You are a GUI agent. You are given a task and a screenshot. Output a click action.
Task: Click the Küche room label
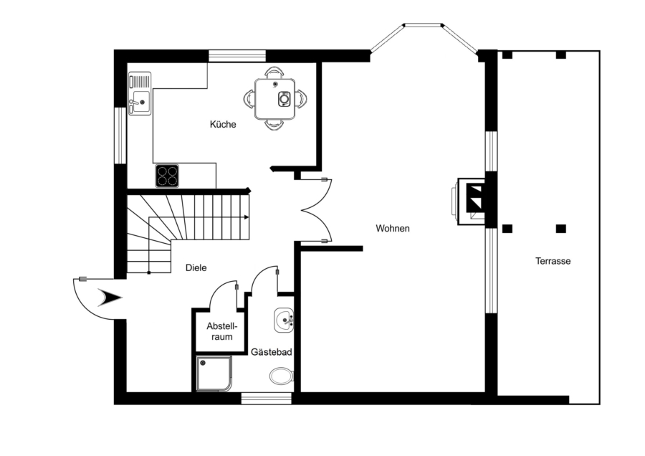[223, 124]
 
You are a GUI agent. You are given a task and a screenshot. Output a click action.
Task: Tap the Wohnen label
[393, 229]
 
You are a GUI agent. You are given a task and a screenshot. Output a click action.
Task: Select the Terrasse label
[553, 261]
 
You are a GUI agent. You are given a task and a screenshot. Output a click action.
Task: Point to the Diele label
[196, 268]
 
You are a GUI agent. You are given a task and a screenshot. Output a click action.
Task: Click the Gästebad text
[272, 352]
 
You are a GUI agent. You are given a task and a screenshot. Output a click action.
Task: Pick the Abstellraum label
[222, 331]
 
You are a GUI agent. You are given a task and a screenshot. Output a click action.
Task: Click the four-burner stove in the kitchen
[167, 176]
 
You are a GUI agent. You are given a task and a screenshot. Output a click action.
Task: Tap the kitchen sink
[140, 93]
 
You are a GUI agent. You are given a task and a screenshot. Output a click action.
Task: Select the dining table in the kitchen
[274, 99]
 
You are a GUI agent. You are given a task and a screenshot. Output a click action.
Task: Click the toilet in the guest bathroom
[282, 376]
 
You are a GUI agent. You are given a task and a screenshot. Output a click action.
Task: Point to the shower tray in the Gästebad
[214, 374]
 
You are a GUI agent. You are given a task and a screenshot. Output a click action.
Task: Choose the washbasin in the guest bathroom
[284, 320]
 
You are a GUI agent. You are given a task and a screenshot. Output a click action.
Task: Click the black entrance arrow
[110, 298]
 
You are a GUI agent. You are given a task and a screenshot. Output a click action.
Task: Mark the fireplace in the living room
[472, 201]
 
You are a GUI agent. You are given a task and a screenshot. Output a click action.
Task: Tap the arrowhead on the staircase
[247, 217]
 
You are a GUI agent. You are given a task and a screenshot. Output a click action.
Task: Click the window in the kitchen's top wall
[237, 56]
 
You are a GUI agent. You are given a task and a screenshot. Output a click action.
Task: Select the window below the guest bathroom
[266, 399]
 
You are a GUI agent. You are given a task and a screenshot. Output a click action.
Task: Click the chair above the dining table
[274, 72]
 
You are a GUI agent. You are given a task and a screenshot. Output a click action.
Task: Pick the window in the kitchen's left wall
[120, 136]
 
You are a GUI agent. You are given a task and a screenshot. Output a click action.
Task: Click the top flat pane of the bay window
[424, 25]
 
